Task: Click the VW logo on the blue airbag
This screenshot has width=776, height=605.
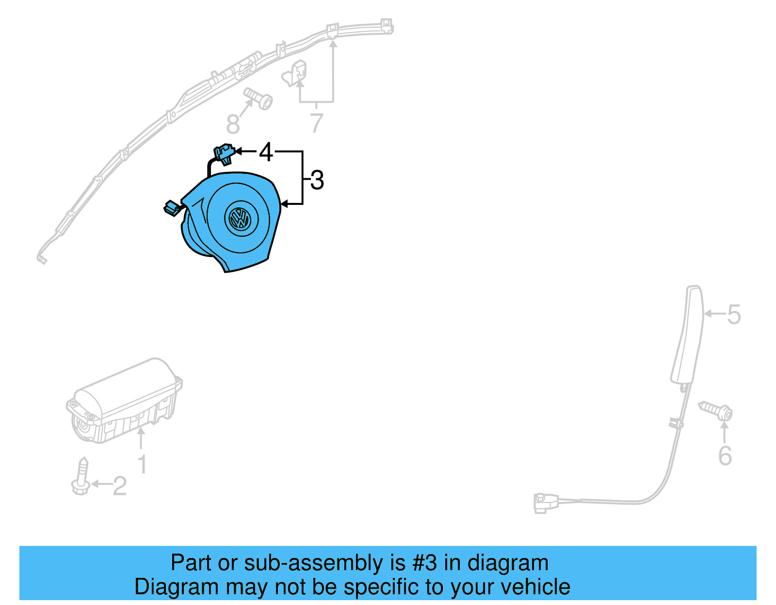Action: (x=239, y=218)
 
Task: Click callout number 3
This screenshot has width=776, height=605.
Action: (x=317, y=180)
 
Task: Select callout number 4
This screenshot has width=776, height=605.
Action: (x=266, y=152)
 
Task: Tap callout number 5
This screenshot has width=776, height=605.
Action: (x=734, y=314)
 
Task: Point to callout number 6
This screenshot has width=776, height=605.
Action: (x=725, y=456)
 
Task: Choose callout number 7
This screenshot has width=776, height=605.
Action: (x=316, y=123)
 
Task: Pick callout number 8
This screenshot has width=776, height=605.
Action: (x=233, y=124)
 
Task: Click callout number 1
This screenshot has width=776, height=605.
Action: (x=142, y=464)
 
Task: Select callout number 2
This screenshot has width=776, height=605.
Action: (x=120, y=486)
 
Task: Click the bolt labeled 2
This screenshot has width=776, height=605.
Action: (x=81, y=477)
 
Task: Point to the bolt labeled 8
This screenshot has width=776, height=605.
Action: (x=258, y=98)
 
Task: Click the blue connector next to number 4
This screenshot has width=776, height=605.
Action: (x=224, y=152)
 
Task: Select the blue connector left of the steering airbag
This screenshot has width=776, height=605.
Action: (x=172, y=208)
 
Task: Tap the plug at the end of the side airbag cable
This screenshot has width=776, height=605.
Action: (x=542, y=502)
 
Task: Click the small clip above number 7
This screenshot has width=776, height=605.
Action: (x=295, y=73)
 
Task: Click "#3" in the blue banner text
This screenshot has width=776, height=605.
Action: (x=424, y=563)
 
